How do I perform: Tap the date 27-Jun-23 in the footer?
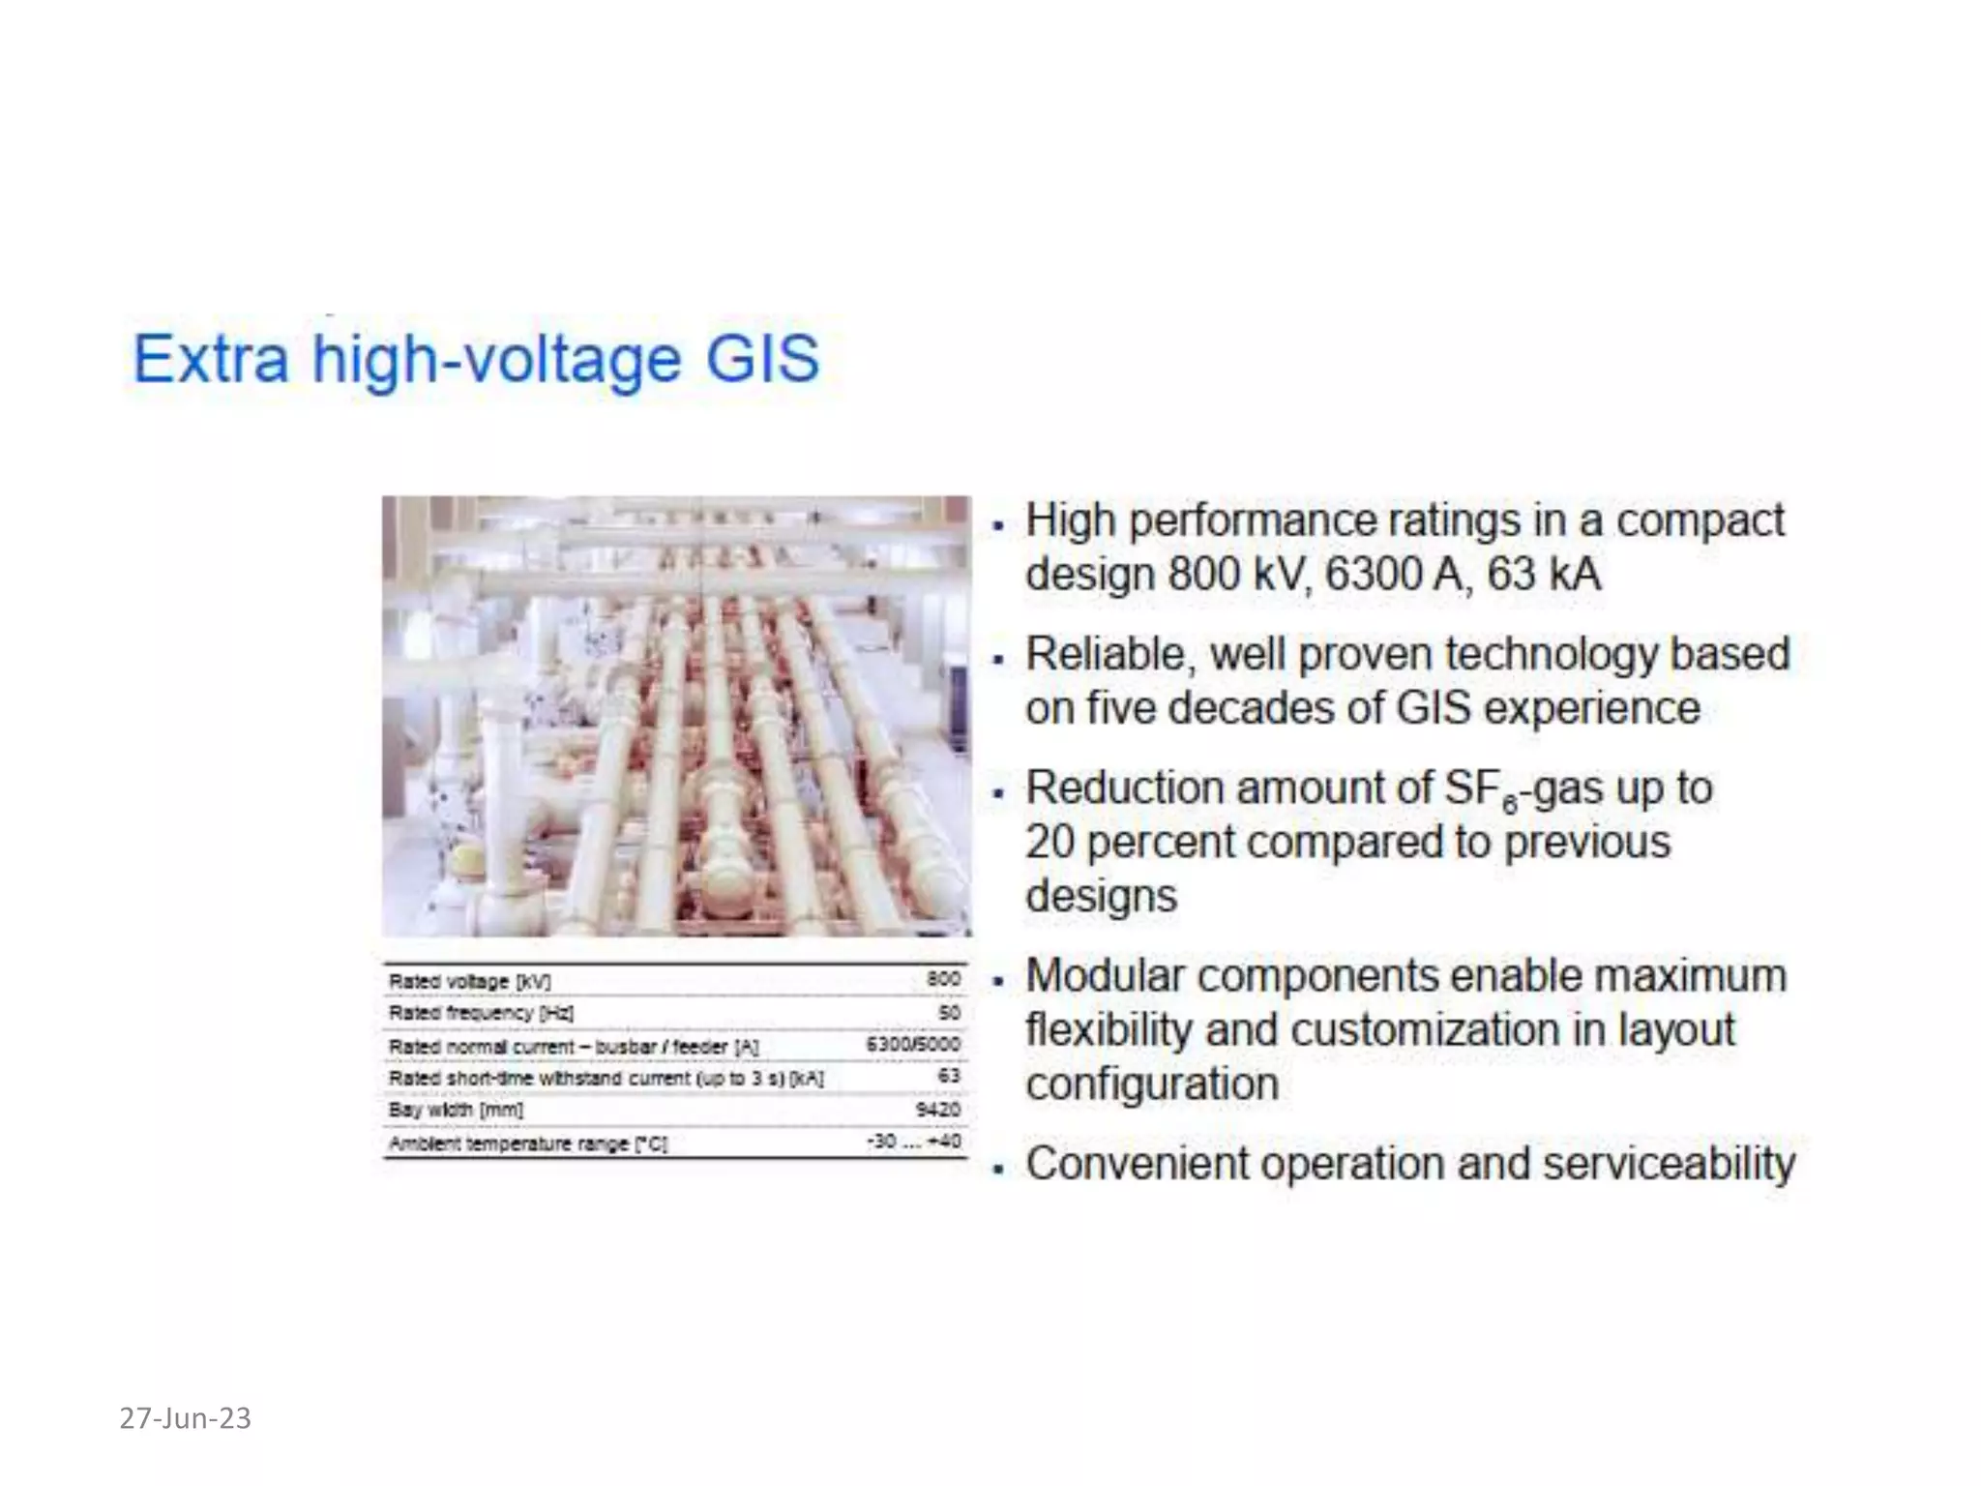pyautogui.click(x=185, y=1418)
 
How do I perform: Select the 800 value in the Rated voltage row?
pyautogui.click(x=943, y=979)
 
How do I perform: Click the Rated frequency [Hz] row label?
pyautogui.click(x=481, y=1013)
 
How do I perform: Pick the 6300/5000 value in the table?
pyautogui.click(x=913, y=1044)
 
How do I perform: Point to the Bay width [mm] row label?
pyautogui.click(x=456, y=1110)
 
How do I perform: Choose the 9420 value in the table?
pyautogui.click(x=937, y=1109)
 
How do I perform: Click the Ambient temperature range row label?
pyautogui.click(x=527, y=1144)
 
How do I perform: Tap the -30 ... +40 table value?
pyautogui.click(x=913, y=1142)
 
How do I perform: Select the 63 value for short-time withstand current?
pyautogui.click(x=948, y=1076)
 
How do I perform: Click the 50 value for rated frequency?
pyautogui.click(x=949, y=1012)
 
